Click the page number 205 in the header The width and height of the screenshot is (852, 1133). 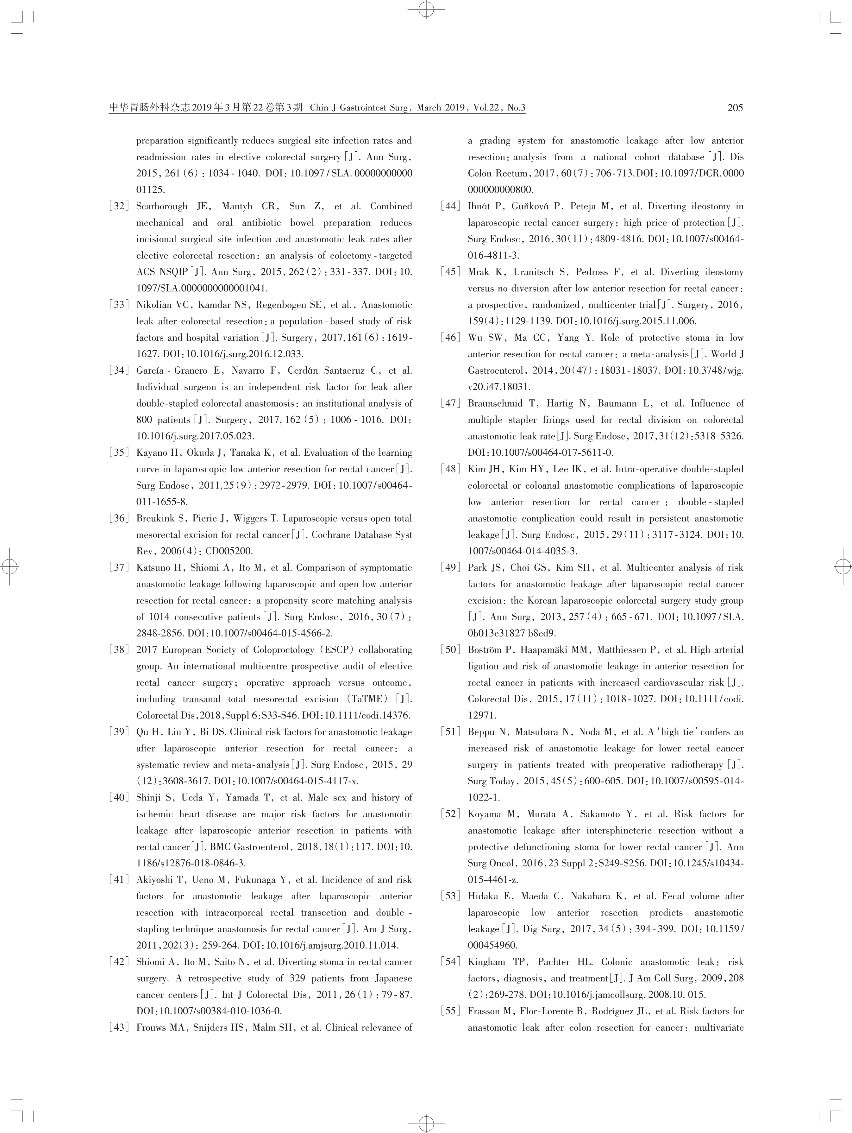[735, 108]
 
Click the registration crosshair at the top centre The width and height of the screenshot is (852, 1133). [426, 9]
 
